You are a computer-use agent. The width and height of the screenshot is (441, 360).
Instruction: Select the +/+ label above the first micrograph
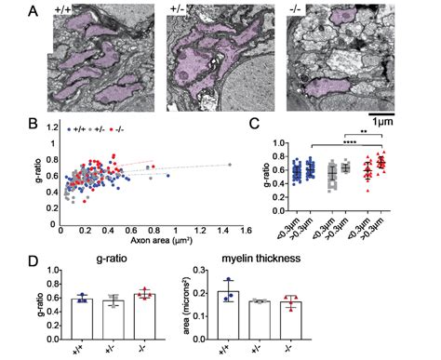coord(61,9)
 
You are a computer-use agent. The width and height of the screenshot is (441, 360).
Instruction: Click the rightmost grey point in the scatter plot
coord(230,165)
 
